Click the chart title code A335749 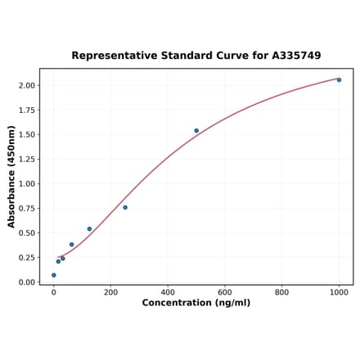[293, 56]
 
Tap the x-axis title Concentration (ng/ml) [196, 303]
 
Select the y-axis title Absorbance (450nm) [11, 176]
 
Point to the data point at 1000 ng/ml [339, 79]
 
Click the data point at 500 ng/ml [196, 130]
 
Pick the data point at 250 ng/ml [125, 207]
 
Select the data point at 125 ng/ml [89, 229]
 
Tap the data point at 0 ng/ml [54, 275]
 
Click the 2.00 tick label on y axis [26, 85]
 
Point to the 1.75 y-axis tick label [26, 110]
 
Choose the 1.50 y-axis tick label [26, 134]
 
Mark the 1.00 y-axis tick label [26, 183]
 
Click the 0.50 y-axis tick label [26, 232]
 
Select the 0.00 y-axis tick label [26, 282]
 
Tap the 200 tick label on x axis [110, 291]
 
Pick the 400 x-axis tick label [168, 291]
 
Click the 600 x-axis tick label [225, 291]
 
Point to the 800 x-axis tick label [281, 291]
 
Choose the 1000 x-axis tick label [339, 291]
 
